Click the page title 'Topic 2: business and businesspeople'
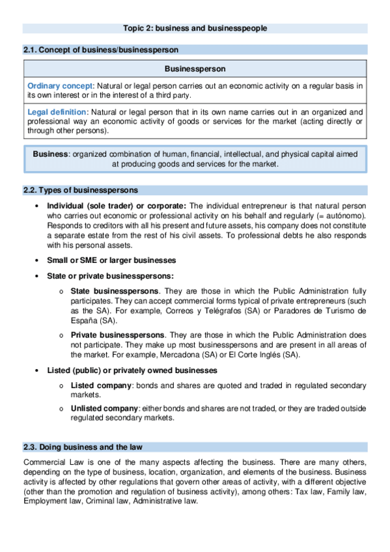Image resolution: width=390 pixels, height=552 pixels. coord(195,28)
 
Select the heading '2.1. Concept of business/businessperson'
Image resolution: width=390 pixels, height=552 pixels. coord(100,49)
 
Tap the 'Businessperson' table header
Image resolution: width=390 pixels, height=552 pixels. coord(195,68)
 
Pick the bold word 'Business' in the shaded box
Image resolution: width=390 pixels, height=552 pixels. coord(51,154)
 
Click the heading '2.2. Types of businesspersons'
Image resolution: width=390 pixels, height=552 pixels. coord(81,190)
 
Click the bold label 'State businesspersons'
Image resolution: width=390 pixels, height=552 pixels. coord(115,290)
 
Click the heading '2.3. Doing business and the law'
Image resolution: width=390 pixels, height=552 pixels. coord(83,447)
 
